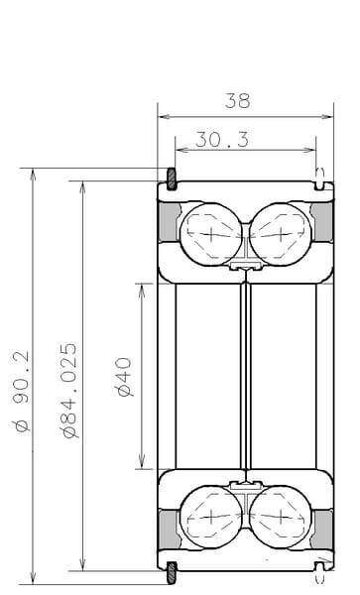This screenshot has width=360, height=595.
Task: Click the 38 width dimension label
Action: tap(237, 101)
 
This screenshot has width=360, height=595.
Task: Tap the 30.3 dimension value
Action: tap(222, 140)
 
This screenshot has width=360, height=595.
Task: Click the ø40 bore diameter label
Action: tap(124, 377)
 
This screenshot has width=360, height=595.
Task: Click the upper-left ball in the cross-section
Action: tap(211, 234)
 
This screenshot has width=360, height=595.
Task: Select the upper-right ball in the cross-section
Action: tap(281, 234)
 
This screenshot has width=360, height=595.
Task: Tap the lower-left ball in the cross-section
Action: tap(211, 517)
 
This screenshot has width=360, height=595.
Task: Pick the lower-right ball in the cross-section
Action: tap(281, 517)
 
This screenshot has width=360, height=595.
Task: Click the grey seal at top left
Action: tap(169, 222)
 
